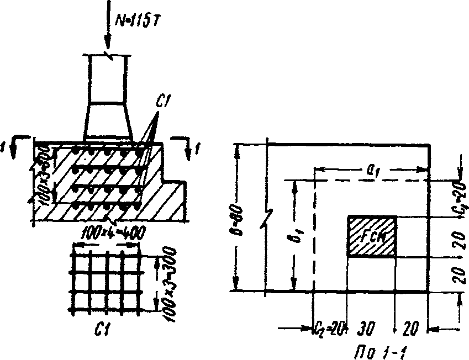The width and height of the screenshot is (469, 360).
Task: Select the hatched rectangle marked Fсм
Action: coord(371,236)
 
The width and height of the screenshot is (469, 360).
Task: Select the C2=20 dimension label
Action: coord(329,329)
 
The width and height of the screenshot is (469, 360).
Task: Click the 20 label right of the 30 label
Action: coord(409,329)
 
